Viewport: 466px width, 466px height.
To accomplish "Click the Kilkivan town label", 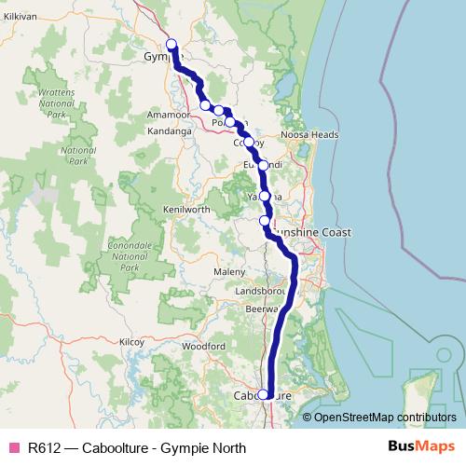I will pyautogui.click(x=19, y=18).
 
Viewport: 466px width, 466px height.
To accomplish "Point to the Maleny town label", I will pyautogui.click(x=228, y=271).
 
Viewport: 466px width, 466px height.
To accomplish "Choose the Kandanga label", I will pyautogui.click(x=169, y=132).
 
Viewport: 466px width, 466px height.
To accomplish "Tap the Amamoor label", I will pyautogui.click(x=170, y=115).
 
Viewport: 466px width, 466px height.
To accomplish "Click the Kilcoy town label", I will pyautogui.click(x=131, y=342).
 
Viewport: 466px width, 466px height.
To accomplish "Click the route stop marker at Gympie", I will pyautogui.click(x=171, y=44).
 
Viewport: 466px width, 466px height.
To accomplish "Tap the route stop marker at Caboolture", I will pyautogui.click(x=264, y=394).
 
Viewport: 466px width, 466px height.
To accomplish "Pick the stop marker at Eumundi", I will pyautogui.click(x=263, y=165).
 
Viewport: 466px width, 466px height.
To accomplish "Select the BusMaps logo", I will pyautogui.click(x=415, y=447).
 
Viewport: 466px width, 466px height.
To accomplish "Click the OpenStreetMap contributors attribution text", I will pyautogui.click(x=385, y=418).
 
